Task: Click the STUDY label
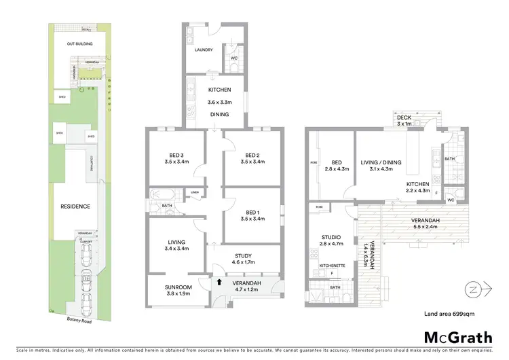coord(243,256)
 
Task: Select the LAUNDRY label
coord(204,50)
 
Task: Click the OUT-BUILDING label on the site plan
coord(79,44)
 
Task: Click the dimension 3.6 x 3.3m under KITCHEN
coord(219,102)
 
